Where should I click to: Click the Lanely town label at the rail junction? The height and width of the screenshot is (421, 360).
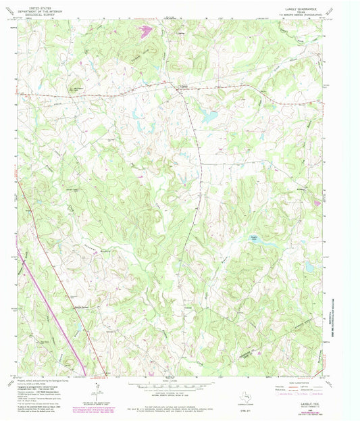181,86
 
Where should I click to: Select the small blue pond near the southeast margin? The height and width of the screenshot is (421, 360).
308,266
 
